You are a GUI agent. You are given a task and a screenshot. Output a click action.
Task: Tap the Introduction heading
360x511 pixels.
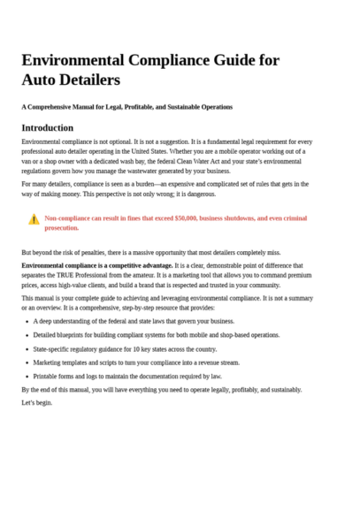click(47, 127)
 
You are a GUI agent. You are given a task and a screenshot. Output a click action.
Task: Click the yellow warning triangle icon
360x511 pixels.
click(34, 218)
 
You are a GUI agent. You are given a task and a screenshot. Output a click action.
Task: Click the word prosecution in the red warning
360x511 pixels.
click(62, 227)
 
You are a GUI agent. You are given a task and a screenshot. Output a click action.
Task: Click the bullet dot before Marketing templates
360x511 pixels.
click(27, 362)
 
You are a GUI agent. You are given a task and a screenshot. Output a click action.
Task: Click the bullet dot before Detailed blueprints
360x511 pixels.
click(27, 335)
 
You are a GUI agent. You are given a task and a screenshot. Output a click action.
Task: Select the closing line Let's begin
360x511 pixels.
click(37, 402)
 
